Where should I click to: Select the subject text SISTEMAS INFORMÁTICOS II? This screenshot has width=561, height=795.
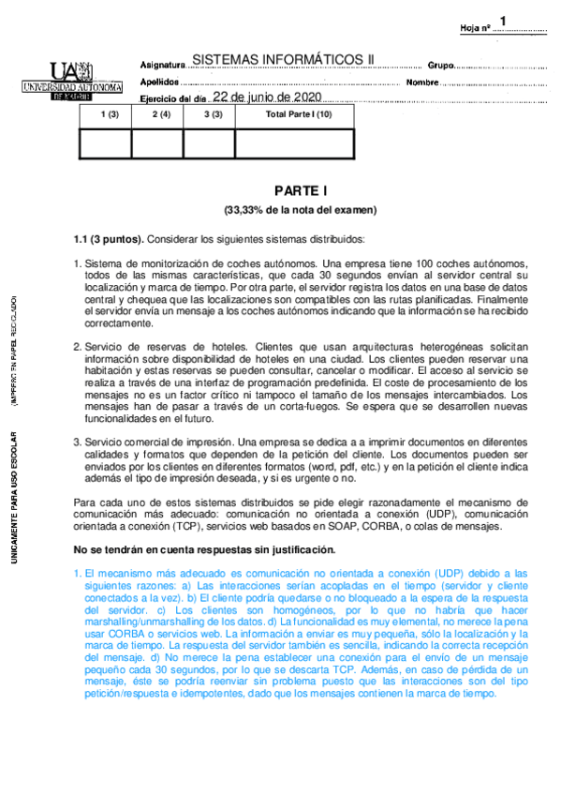[x=282, y=60]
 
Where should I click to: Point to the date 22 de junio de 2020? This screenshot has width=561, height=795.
[x=267, y=97]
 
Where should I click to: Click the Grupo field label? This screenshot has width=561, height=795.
[x=440, y=66]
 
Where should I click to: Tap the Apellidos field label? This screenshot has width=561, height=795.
[x=160, y=82]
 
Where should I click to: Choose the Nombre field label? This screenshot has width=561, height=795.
[x=423, y=82]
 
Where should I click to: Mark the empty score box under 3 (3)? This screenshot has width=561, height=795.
[x=209, y=142]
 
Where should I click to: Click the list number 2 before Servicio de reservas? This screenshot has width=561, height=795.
[x=78, y=347]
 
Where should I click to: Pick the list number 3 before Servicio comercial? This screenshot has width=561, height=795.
[x=78, y=441]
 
